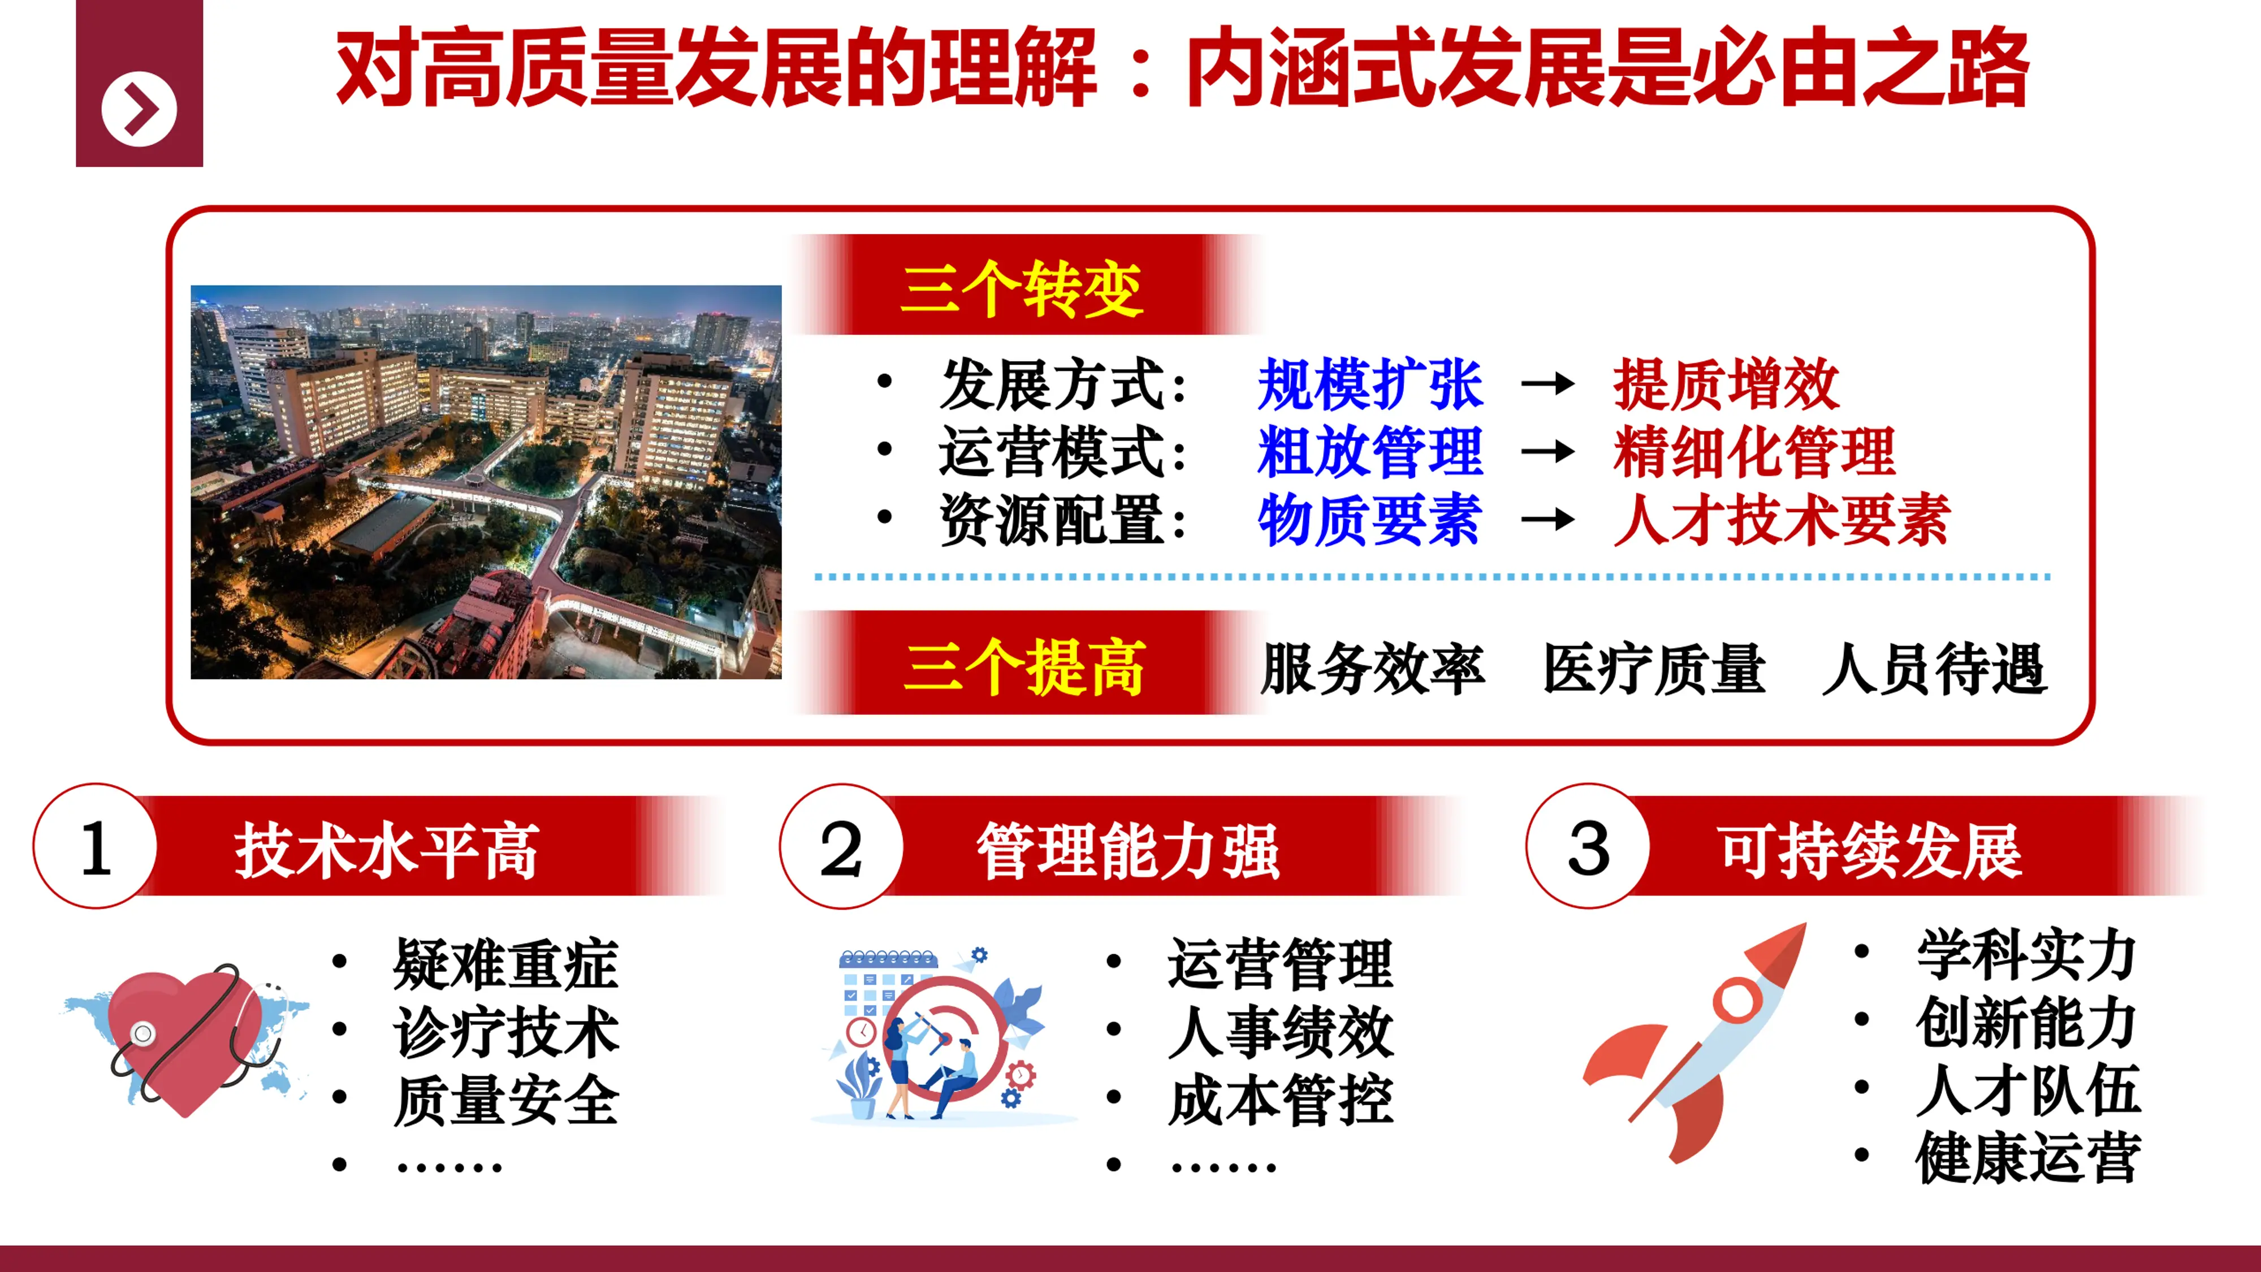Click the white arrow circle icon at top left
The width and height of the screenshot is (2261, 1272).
139,110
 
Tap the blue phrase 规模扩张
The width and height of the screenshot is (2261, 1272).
1370,384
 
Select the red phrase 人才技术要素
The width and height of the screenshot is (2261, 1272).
1782,520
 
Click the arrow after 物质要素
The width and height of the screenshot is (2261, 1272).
1547,520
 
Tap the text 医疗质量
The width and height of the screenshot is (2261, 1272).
1654,669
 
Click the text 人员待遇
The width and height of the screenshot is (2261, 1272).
1935,669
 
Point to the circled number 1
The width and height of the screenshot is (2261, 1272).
96,847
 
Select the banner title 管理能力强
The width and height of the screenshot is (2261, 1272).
1128,851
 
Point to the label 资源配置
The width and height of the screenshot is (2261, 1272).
1061,520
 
